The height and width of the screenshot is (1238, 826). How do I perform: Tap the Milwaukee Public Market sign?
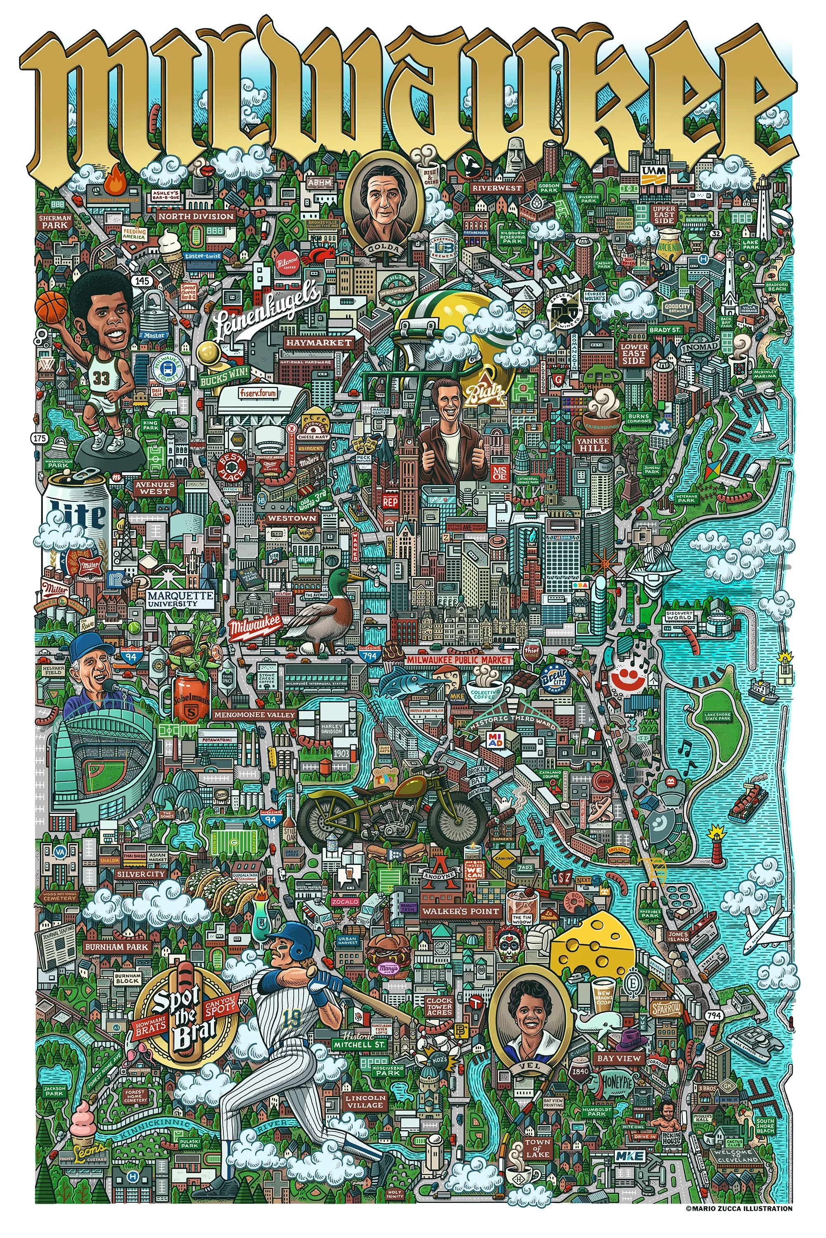pos(459,659)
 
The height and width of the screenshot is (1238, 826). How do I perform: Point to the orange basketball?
pos(51,306)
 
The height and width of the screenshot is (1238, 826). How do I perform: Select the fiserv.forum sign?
pos(258,393)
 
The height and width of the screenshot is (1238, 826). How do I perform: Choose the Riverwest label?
pos(496,188)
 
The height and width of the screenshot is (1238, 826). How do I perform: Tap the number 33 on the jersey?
pos(101,378)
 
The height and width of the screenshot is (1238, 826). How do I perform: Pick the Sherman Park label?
pos(55,221)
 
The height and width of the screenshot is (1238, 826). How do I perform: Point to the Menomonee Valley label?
pos(254,714)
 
